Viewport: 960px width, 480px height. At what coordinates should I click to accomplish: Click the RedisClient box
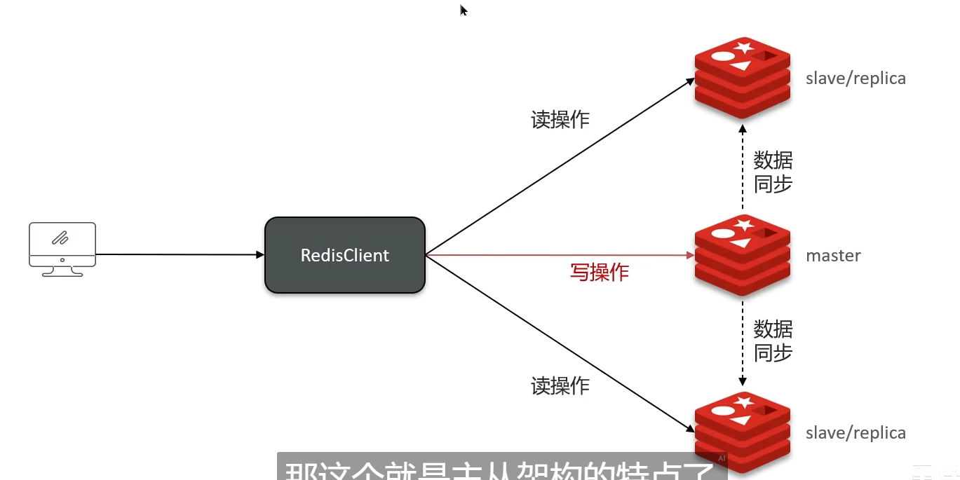tap(344, 255)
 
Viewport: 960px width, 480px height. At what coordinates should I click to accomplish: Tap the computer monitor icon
tap(62, 248)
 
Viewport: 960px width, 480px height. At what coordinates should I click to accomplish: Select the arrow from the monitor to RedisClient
tap(179, 255)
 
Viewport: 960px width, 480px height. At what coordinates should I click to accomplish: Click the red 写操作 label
tap(599, 272)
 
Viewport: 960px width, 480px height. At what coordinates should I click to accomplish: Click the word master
tap(833, 256)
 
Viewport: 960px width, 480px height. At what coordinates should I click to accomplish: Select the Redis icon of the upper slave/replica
tap(743, 78)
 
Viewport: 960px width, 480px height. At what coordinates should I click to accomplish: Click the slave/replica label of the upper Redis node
tap(856, 78)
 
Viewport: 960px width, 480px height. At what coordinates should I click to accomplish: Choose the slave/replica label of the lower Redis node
tap(856, 433)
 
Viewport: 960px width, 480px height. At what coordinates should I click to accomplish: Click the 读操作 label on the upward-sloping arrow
tap(560, 120)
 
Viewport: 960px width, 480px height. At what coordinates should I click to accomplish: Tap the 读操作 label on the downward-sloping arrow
tap(560, 385)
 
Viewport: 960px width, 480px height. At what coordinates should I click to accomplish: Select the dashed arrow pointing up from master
tap(743, 168)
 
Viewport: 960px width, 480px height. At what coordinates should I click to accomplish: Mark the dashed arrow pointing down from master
tap(743, 343)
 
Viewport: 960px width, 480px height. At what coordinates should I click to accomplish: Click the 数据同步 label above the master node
tap(773, 172)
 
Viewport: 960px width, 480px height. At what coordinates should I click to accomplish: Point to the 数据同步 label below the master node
tap(773, 341)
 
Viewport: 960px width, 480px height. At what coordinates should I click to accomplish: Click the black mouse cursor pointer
tap(463, 10)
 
